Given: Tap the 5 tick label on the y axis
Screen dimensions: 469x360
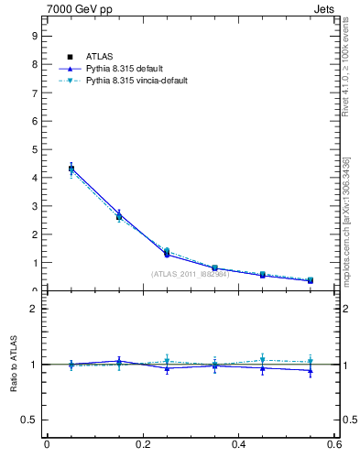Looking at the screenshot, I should (x=34, y=149).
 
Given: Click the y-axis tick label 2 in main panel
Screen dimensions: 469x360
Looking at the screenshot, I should (x=34, y=234).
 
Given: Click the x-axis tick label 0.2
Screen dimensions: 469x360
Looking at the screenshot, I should (x=142, y=445).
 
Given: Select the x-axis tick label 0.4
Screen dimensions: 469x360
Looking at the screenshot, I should (x=239, y=445).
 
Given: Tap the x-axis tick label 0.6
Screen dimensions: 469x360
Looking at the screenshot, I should (x=334, y=445).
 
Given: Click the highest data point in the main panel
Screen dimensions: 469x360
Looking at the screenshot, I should (x=71, y=169).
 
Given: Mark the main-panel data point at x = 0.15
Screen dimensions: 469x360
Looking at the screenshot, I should (x=119, y=216).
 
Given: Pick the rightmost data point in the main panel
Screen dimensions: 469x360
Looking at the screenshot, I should (x=311, y=280).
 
